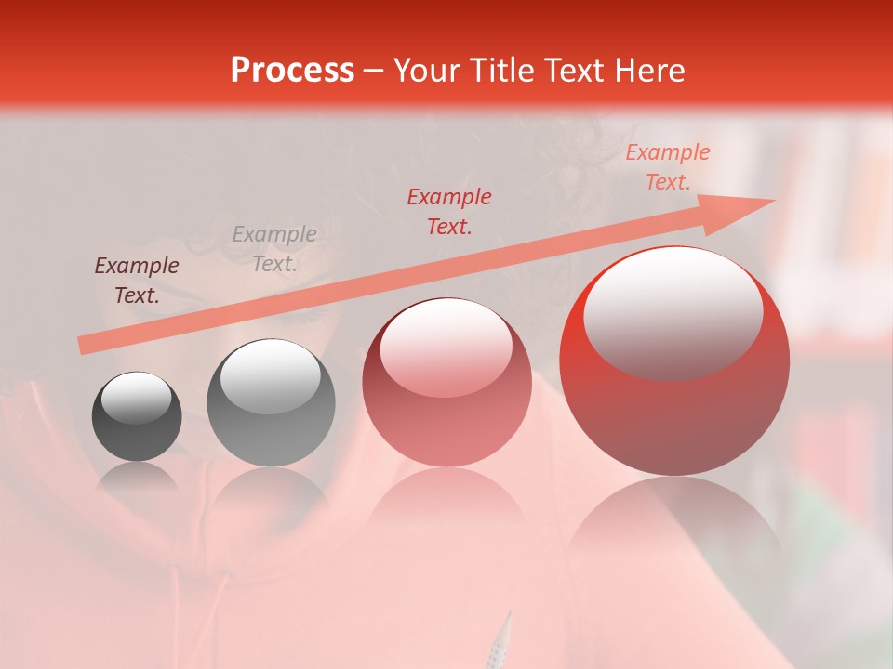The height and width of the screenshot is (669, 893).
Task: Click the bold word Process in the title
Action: tap(292, 71)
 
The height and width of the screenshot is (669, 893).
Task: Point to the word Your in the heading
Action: tap(429, 71)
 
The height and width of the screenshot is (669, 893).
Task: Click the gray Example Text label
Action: tap(274, 249)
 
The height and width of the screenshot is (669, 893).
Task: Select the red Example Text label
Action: tap(449, 211)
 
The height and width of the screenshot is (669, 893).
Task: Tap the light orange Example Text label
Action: tap(668, 167)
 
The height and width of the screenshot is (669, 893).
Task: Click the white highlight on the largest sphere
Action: tap(673, 311)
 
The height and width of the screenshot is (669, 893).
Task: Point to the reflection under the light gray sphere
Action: tap(271, 497)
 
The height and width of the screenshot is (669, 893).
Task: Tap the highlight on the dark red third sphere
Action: tap(446, 349)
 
